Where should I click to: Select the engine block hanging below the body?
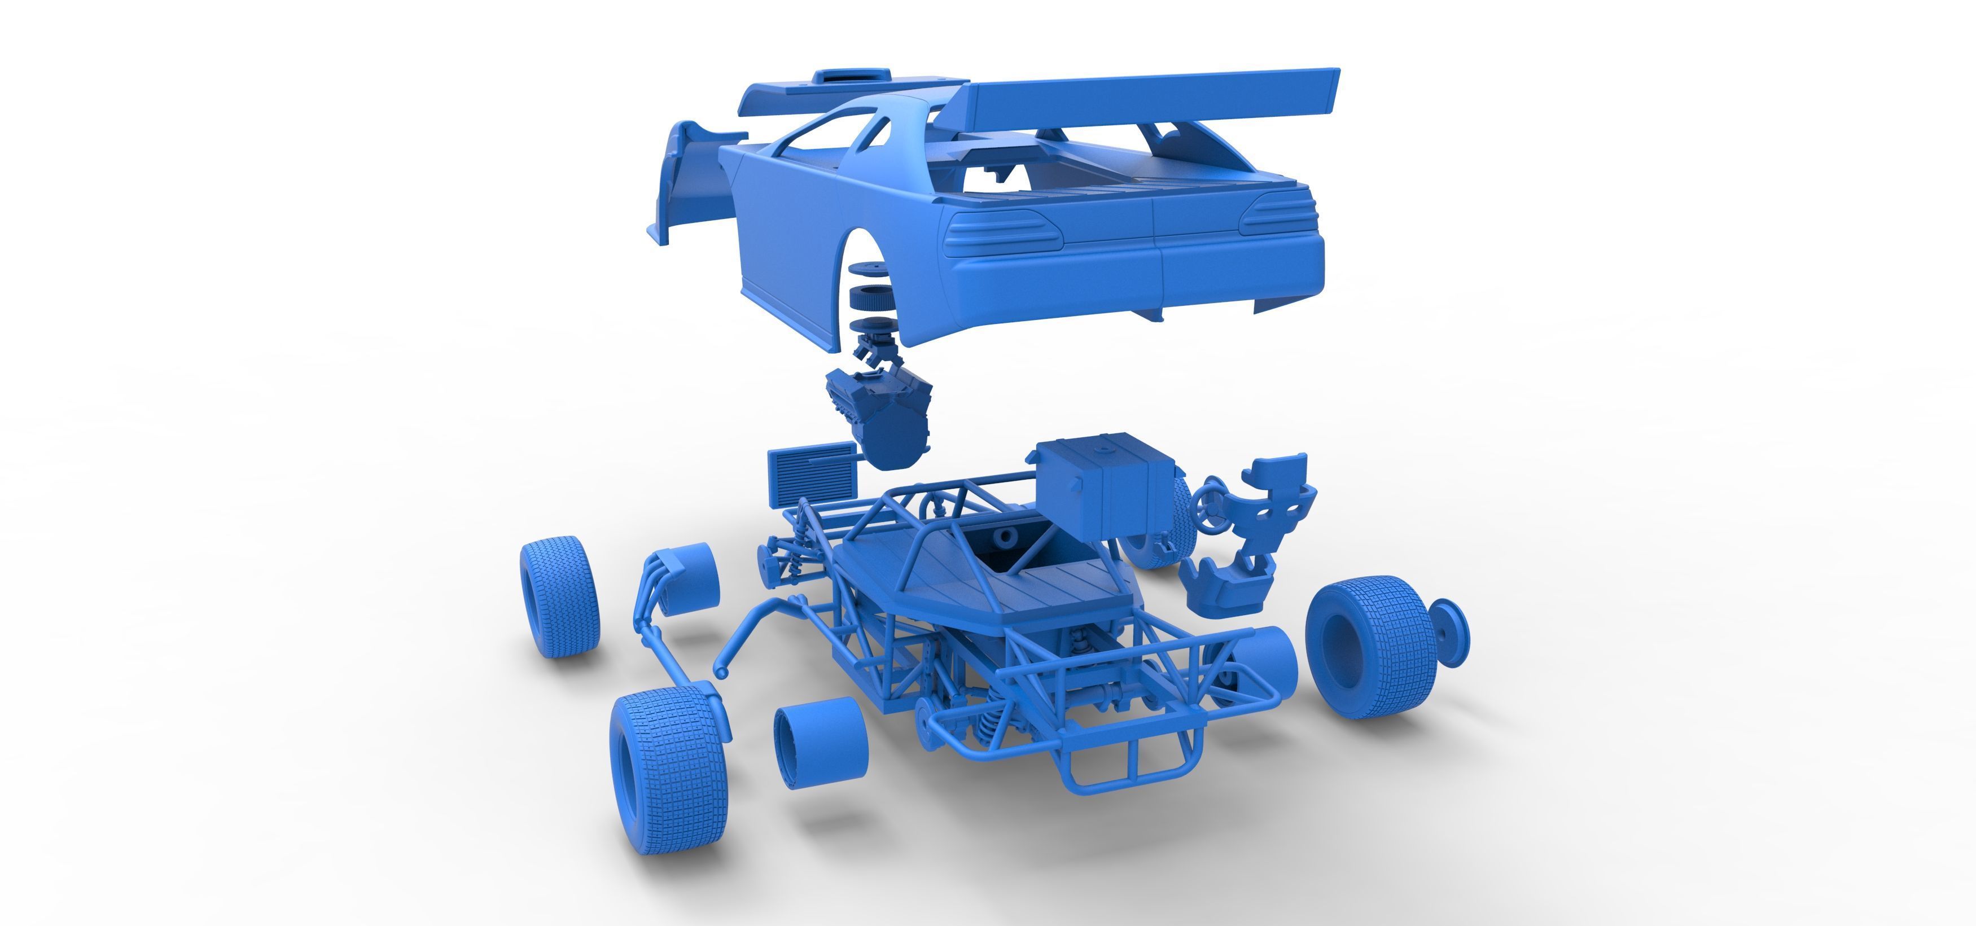click(878, 414)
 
